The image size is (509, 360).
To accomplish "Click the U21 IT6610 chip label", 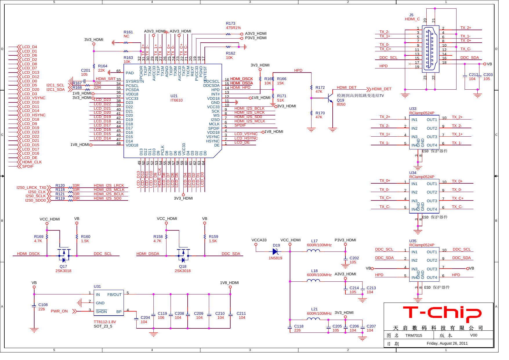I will [176, 98].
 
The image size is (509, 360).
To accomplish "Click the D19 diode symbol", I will [275, 252].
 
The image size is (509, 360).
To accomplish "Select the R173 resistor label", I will [231, 23].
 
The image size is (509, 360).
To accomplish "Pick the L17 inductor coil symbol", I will [314, 251].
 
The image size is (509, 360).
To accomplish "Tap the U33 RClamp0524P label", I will [421, 111].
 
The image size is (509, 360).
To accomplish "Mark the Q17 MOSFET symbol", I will [64, 255].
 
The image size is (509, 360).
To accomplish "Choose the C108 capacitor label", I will [43, 305].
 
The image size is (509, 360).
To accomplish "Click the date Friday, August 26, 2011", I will [447, 343].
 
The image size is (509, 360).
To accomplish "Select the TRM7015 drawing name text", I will [414, 335].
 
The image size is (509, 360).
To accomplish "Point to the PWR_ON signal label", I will [59, 311].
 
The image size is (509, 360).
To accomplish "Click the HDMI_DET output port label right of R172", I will [381, 89].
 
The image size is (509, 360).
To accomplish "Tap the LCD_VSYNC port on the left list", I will [34, 98].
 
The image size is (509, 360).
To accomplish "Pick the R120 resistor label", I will [60, 186].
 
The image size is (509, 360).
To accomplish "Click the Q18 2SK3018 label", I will [182, 269].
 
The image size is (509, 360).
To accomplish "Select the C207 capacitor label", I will [371, 326].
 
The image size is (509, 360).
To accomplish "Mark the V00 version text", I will [473, 335].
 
